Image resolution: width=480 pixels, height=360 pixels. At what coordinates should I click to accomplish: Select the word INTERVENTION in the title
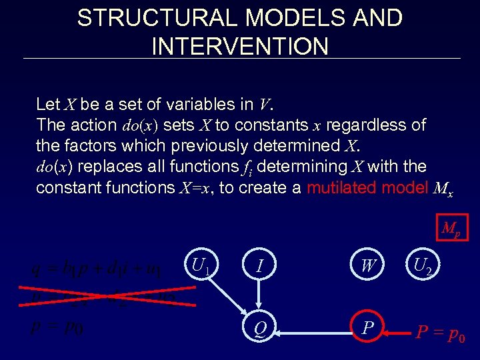[240, 46]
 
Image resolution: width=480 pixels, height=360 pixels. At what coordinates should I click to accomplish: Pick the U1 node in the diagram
[200, 267]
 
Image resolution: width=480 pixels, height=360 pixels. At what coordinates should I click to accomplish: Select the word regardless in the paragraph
[375, 125]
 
